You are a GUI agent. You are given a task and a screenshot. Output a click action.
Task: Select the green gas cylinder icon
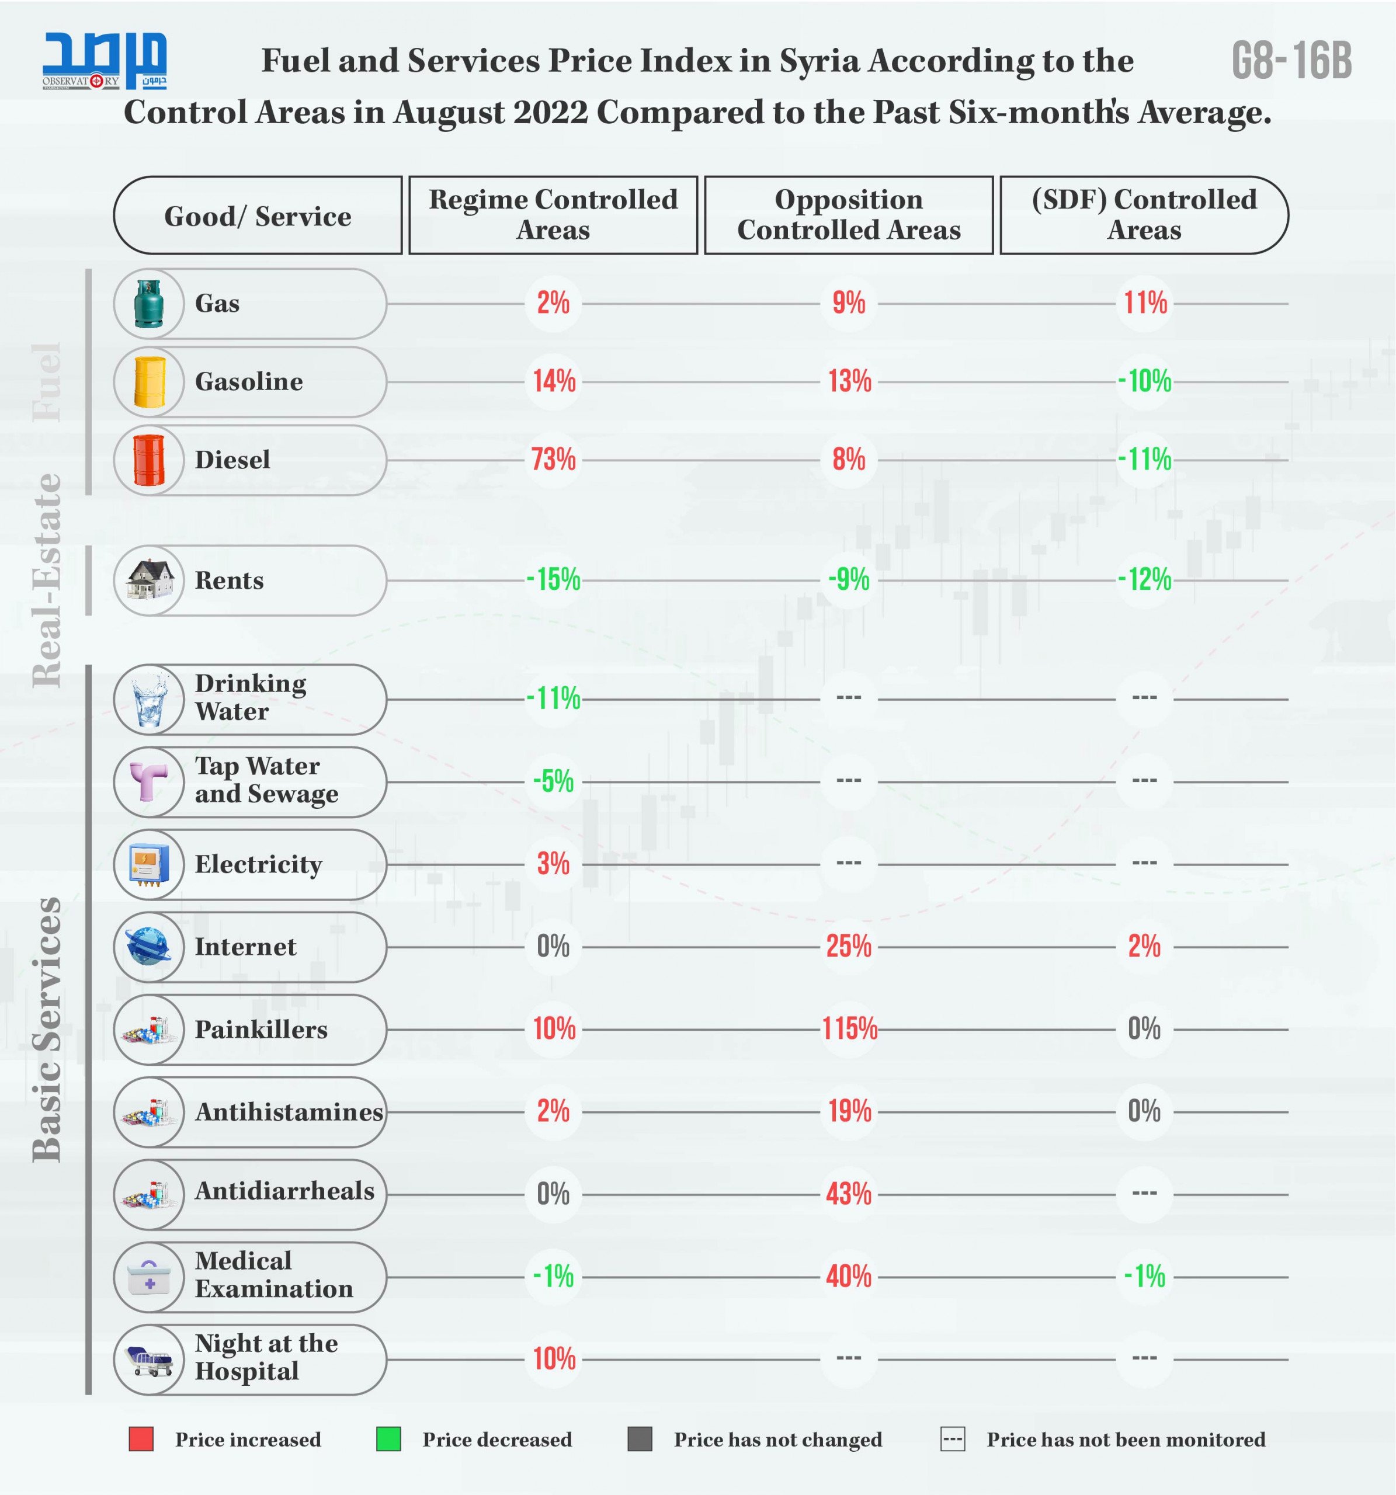pyautogui.click(x=149, y=304)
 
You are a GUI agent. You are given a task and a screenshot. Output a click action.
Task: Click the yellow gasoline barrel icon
pyautogui.click(x=149, y=382)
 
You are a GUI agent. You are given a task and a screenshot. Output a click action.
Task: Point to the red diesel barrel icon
pyautogui.click(x=149, y=460)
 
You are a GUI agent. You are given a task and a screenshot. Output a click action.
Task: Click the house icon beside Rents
pyautogui.click(x=150, y=580)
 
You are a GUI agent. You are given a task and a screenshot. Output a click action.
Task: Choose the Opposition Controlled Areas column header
pyautogui.click(x=849, y=215)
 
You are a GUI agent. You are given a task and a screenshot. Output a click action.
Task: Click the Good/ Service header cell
pyautogui.click(x=257, y=216)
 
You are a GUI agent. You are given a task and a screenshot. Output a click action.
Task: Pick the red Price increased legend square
pyautogui.click(x=141, y=1438)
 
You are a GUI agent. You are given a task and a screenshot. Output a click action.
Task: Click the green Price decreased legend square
pyautogui.click(x=388, y=1438)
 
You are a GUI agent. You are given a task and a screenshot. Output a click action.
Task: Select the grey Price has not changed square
pyautogui.click(x=640, y=1438)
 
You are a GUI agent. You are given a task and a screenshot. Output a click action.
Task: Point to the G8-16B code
pyautogui.click(x=1291, y=60)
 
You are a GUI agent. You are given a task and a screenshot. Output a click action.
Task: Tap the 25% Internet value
pyautogui.click(x=849, y=946)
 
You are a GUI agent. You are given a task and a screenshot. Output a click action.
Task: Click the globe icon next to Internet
pyautogui.click(x=149, y=946)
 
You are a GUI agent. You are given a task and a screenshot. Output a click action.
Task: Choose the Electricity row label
pyautogui.click(x=258, y=864)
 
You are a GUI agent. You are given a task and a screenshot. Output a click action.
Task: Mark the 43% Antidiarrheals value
pyautogui.click(x=849, y=1194)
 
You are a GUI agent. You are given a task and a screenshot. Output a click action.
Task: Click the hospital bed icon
pyautogui.click(x=150, y=1360)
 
